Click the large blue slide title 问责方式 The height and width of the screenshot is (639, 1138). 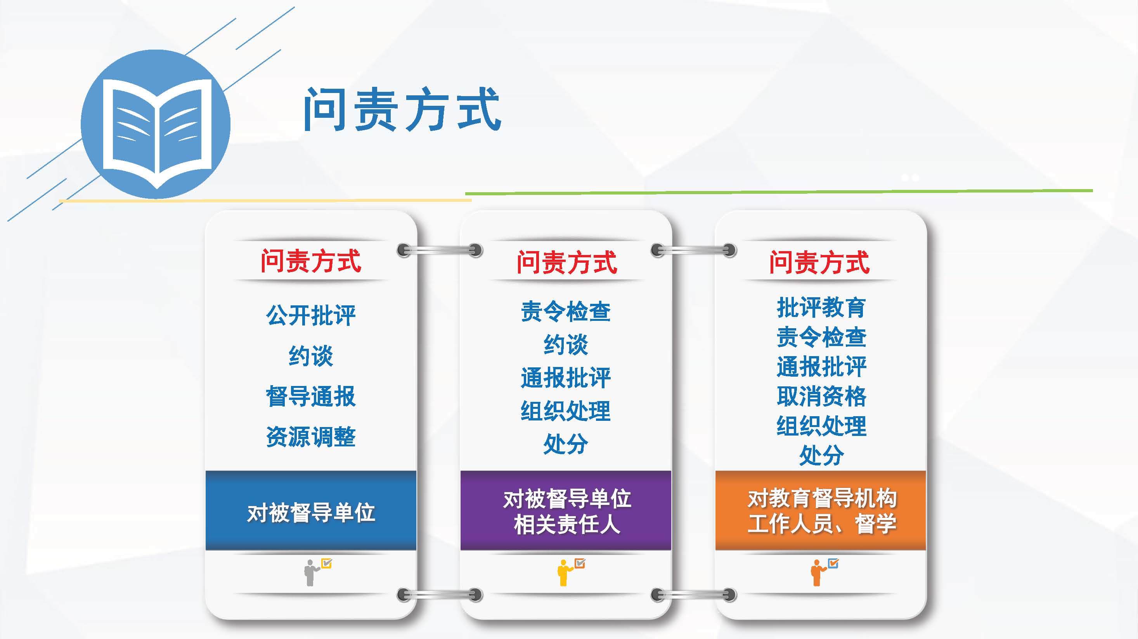(402, 109)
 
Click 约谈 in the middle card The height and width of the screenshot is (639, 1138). (566, 344)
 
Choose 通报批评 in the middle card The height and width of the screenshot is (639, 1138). (566, 377)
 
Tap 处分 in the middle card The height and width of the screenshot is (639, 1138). (566, 444)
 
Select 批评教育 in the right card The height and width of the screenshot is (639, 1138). (821, 307)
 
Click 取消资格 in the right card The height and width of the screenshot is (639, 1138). (821, 396)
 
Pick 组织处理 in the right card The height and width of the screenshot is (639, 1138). (821, 426)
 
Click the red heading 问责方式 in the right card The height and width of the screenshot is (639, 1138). (819, 262)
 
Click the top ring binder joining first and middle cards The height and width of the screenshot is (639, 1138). (440, 250)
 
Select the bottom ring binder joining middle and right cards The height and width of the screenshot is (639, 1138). (694, 595)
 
